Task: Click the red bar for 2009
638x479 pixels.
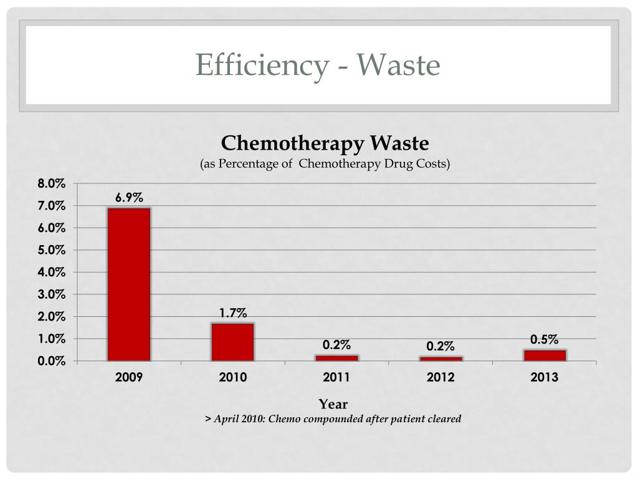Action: point(129,284)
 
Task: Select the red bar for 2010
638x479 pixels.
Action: point(232,341)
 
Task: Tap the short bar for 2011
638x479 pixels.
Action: point(336,358)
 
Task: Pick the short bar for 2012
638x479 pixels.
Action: point(440,359)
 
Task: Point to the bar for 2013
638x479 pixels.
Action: point(545,355)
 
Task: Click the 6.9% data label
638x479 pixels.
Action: point(129,198)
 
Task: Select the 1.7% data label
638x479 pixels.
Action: point(232,313)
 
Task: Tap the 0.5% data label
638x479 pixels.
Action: point(544,339)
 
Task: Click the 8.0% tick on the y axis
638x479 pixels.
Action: point(51,183)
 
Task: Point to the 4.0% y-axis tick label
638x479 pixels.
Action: point(51,273)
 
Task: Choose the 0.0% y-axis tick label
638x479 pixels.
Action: point(51,361)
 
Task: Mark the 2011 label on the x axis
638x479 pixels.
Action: point(336,377)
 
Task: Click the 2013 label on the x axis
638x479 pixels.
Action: point(545,377)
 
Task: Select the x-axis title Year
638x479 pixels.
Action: point(333,404)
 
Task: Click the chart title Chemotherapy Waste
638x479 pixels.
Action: point(325,143)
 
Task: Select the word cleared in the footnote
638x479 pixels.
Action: point(444,419)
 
